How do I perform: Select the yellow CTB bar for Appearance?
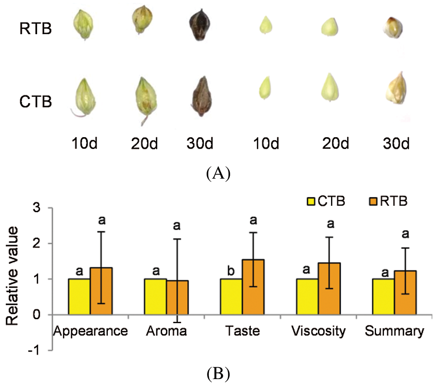point(79,297)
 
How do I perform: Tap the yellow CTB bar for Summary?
point(383,297)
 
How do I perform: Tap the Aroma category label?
point(166,331)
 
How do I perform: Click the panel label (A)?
point(217,173)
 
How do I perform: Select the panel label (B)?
point(217,374)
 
